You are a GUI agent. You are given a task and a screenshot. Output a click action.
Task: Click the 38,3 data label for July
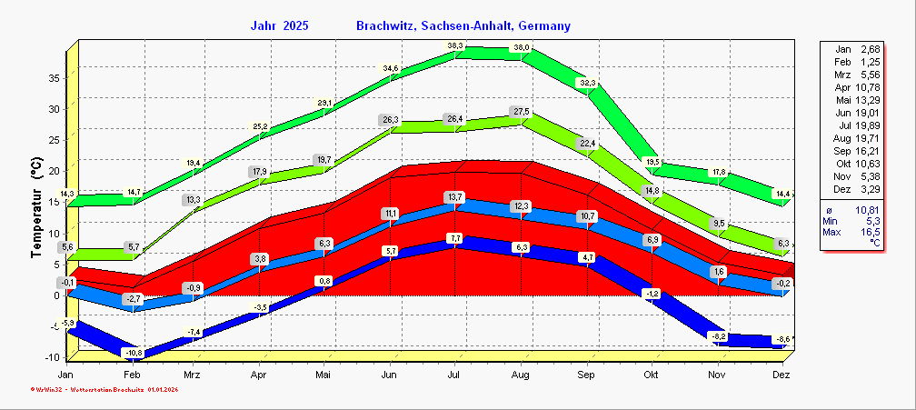point(455,45)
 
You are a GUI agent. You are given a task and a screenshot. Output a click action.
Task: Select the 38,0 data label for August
point(522,47)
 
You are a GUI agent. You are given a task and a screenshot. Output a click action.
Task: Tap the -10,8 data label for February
point(134,353)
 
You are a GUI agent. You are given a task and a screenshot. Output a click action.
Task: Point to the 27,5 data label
point(522,111)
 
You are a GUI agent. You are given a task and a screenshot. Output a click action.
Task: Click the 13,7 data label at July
point(455,197)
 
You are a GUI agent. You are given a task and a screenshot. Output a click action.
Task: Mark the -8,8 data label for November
point(719,336)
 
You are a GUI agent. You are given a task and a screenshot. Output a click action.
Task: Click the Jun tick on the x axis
point(390,375)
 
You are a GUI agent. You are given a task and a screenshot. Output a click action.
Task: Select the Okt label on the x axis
point(651,375)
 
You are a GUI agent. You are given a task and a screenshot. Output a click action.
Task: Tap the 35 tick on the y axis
point(54,78)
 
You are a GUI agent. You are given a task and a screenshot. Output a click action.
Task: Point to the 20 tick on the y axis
point(54,171)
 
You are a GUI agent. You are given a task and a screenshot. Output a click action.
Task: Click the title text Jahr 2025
point(279,26)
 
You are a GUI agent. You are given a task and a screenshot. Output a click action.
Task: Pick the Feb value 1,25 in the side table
point(871,61)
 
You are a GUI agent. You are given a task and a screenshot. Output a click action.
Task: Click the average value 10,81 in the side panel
point(867,210)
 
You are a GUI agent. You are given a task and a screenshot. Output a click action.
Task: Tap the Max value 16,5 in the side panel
point(871,234)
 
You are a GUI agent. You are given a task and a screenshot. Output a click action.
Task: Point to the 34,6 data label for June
point(391,68)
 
